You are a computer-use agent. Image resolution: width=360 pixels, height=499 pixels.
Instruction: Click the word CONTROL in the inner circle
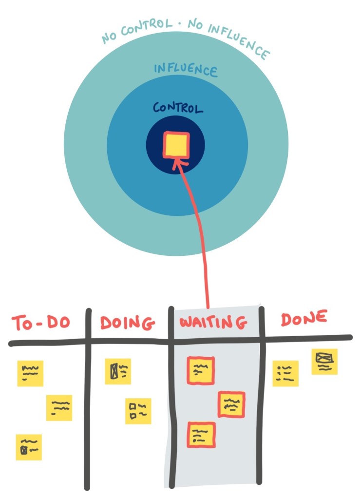tap(178, 108)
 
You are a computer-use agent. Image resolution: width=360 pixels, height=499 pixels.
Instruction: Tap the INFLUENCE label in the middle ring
tap(185, 70)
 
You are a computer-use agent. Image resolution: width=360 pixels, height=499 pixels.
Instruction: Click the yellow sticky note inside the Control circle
tap(176, 146)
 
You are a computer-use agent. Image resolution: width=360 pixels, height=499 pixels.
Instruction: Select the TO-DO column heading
tap(41, 323)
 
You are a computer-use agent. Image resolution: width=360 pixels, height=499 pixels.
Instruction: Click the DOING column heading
tap(128, 323)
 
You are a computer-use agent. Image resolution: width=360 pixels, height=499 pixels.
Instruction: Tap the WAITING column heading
tap(213, 323)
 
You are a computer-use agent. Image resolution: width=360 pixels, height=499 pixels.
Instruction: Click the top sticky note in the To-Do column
tap(30, 373)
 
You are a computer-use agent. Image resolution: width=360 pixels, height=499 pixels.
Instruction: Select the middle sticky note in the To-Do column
tap(59, 407)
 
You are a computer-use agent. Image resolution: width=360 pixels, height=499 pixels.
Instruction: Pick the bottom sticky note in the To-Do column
tap(29, 447)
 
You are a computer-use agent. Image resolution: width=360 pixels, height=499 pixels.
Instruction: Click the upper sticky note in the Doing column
tap(118, 371)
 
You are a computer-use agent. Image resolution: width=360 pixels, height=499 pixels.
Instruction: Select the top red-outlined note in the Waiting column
tap(200, 371)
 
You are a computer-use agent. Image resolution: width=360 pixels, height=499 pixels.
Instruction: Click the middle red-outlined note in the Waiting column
tap(231, 404)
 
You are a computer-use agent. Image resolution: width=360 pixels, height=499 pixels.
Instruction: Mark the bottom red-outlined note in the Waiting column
tap(201, 435)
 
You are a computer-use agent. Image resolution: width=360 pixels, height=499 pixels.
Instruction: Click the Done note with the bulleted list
tap(285, 373)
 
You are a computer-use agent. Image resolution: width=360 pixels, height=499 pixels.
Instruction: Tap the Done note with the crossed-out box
tap(324, 362)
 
